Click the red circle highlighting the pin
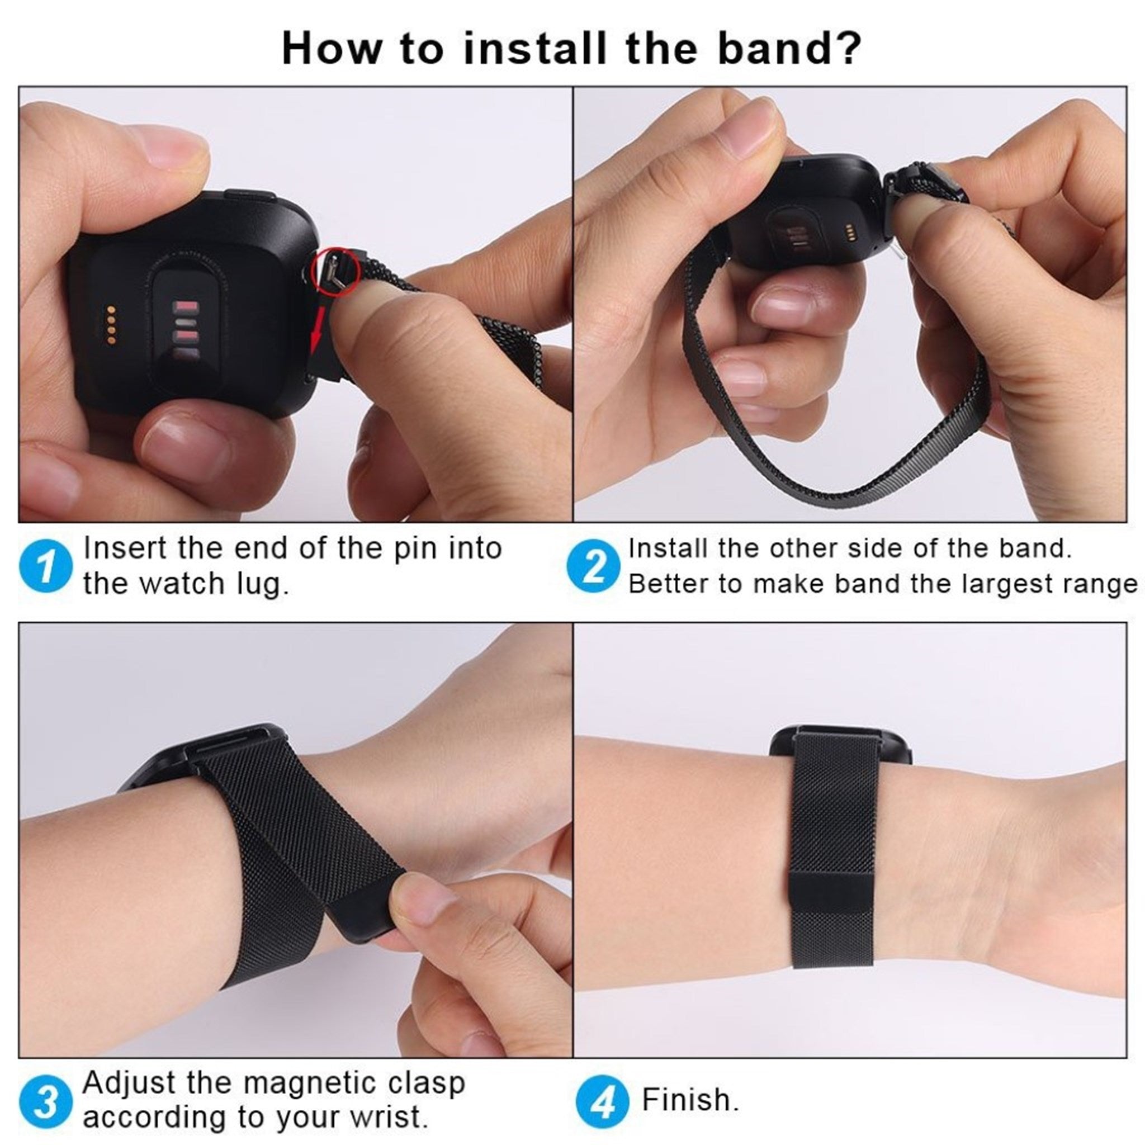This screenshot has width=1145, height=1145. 337,270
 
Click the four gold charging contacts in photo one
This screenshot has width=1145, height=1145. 111,325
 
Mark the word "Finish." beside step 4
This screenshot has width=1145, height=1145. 691,1099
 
